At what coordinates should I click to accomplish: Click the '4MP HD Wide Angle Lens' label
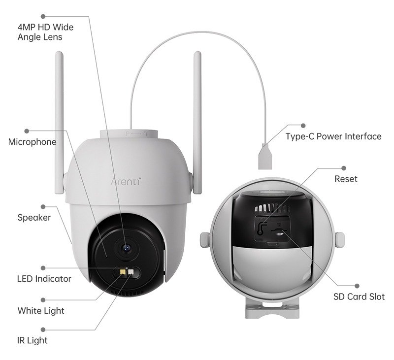coord(45,32)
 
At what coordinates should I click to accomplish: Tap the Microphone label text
coord(32,142)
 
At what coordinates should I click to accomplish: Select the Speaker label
coord(34,217)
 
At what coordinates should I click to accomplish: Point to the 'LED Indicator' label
coord(44,279)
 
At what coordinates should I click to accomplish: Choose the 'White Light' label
coord(40,311)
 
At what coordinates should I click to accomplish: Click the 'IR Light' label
coord(33,340)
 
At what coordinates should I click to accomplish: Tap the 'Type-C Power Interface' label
coord(333,136)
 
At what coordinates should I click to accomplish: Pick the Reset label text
coord(346,179)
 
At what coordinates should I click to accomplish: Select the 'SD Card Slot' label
coord(359,296)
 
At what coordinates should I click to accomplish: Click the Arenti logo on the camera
coord(126,180)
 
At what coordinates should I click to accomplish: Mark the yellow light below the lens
coord(121,271)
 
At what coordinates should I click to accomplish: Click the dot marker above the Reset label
coord(344,167)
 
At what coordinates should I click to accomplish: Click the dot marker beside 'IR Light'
coord(43,328)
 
